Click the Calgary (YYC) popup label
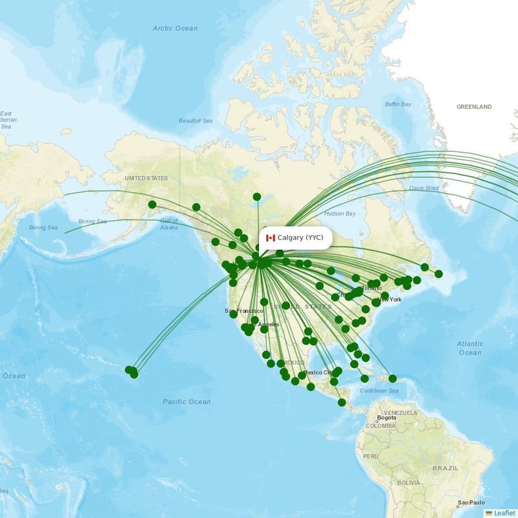click(300, 238)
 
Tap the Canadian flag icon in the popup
click(271, 238)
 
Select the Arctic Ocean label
click(175, 28)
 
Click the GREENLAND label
click(474, 107)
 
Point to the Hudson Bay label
click(340, 214)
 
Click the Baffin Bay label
click(398, 104)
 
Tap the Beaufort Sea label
click(196, 121)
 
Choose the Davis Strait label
click(424, 188)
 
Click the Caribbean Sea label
click(380, 390)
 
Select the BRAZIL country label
click(445, 467)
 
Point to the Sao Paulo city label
click(471, 503)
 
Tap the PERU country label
click(370, 456)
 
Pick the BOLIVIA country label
click(409, 483)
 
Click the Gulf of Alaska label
click(168, 224)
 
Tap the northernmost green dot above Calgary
click(257, 197)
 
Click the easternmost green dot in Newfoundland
click(438, 274)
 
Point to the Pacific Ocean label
click(186, 401)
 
